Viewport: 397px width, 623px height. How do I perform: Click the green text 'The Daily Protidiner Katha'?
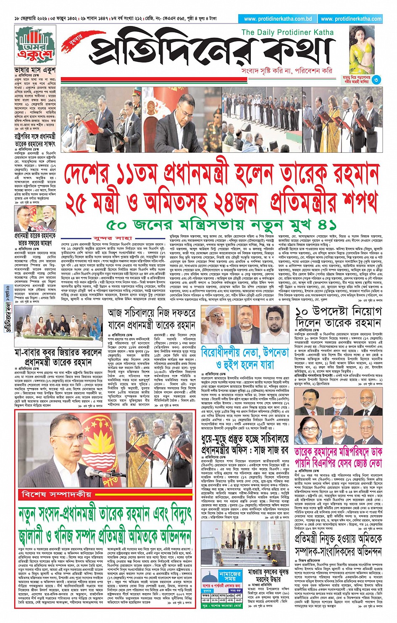287,32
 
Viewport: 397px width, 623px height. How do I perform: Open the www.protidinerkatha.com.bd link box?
278,19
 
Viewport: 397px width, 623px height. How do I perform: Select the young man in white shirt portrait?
276,324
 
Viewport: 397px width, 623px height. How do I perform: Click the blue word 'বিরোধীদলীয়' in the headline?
228,352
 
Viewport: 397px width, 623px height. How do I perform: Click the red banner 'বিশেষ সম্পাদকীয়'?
57,495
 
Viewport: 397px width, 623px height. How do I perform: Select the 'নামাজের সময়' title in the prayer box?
230,576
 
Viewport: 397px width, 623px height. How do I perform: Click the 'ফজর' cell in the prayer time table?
206,596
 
